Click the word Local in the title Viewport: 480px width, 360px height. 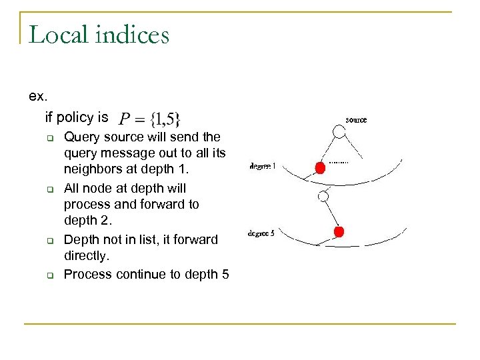coord(58,34)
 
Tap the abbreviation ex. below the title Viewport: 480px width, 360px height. coord(39,96)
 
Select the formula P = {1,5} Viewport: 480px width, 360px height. coord(149,119)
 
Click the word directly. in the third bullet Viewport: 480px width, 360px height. coord(86,255)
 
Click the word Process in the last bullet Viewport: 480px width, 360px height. coord(87,274)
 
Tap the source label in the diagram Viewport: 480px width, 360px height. coord(356,120)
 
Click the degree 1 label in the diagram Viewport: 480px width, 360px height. coord(262,167)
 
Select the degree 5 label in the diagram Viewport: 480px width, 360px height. coord(261,233)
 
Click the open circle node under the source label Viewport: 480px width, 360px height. coord(339,132)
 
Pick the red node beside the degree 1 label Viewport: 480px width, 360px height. coord(320,167)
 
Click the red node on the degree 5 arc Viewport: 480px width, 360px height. coord(339,232)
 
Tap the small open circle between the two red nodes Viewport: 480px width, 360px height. coord(324,197)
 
